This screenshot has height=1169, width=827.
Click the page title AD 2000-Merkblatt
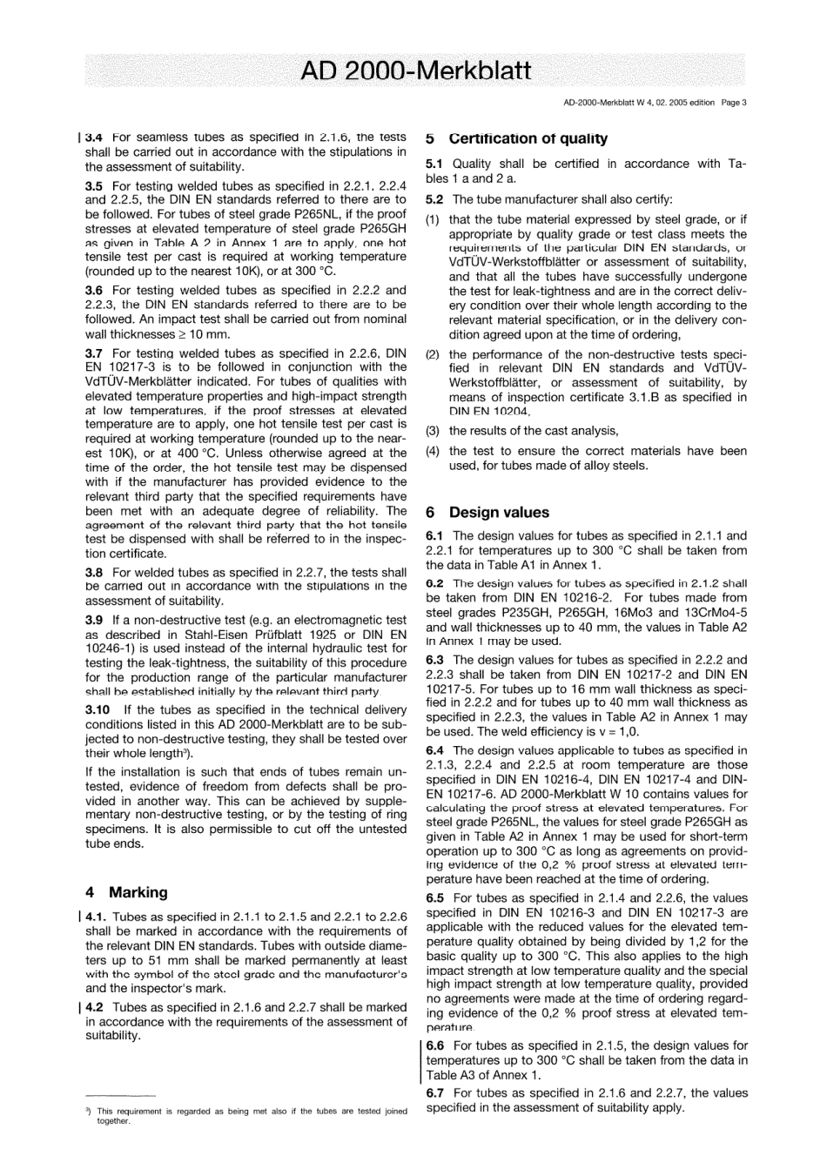pos(413,71)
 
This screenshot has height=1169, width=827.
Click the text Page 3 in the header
pos(732,102)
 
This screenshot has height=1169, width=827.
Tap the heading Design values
pos(499,513)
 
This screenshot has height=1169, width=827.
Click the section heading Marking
pos(138,892)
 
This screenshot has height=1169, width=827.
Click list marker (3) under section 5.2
pos(433,431)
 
